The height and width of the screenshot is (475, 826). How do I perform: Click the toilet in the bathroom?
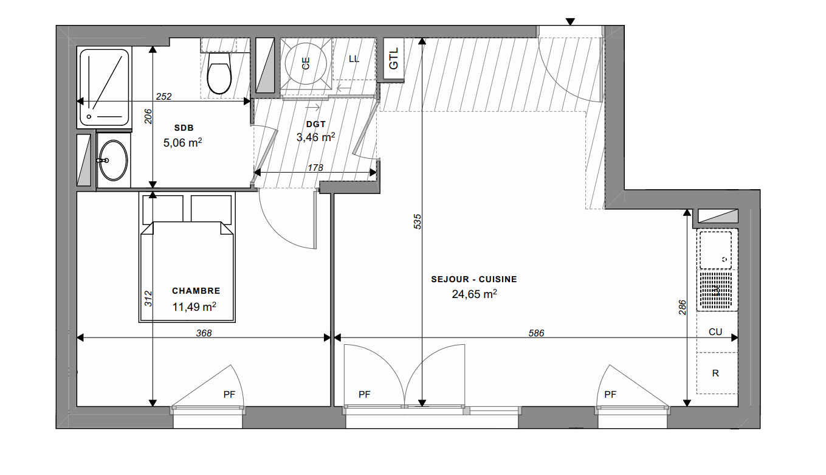tap(219, 73)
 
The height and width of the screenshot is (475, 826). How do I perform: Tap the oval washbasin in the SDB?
tap(113, 161)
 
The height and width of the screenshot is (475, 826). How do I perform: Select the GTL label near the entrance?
tap(393, 58)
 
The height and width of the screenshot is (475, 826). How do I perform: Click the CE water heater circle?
tap(306, 63)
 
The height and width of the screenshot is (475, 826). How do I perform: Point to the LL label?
tap(354, 59)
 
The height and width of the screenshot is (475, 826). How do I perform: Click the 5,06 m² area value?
tap(182, 142)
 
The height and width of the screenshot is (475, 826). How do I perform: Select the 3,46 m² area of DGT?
tap(315, 137)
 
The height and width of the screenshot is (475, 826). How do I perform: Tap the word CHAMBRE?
tap(196, 291)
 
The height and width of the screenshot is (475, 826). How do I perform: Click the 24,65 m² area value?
tap(474, 294)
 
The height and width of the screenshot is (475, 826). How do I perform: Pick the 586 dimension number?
tap(536, 333)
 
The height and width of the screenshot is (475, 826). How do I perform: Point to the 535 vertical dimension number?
tap(417, 221)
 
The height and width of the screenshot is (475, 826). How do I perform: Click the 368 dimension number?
tap(204, 333)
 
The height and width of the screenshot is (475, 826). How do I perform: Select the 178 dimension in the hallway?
tap(315, 168)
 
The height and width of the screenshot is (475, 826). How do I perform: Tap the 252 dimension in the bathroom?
tap(163, 97)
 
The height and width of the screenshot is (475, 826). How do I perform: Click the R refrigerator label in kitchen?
tap(715, 373)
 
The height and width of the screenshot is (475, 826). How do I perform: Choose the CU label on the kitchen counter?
tap(715, 332)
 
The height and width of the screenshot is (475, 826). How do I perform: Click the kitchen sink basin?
tap(715, 250)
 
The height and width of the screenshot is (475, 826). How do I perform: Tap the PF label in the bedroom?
tap(229, 395)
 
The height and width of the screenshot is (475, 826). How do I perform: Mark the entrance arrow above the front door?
tap(570, 22)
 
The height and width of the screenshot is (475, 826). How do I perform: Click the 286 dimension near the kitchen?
tap(683, 307)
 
